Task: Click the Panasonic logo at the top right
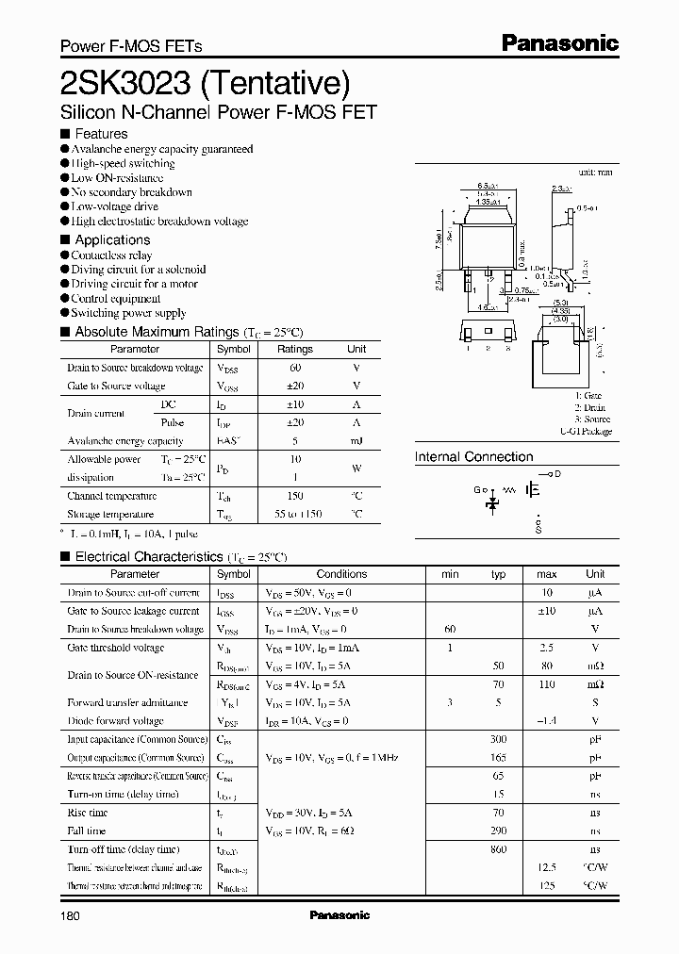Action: (x=558, y=42)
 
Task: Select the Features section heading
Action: (x=101, y=134)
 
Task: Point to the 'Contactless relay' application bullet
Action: (x=111, y=255)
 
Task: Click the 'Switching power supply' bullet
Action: (x=128, y=313)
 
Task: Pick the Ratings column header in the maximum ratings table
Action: (x=294, y=349)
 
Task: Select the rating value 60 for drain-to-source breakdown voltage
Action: (x=294, y=368)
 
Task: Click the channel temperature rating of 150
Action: (x=294, y=496)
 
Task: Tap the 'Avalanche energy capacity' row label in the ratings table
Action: (x=124, y=441)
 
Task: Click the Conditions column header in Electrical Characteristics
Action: (x=341, y=574)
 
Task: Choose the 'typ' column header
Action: (x=499, y=574)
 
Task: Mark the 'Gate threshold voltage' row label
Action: (x=115, y=649)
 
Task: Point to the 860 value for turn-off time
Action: (x=498, y=849)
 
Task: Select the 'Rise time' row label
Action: (x=88, y=813)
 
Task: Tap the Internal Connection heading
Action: (x=473, y=457)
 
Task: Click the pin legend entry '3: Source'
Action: (x=592, y=419)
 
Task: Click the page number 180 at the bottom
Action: (x=72, y=916)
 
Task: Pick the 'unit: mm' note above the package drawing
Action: (x=594, y=173)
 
